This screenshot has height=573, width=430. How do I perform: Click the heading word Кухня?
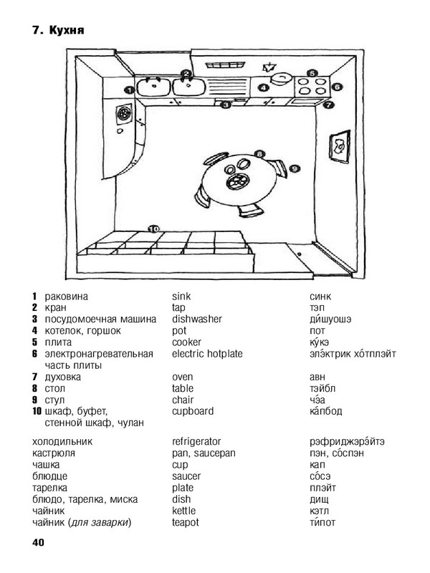[x=67, y=30]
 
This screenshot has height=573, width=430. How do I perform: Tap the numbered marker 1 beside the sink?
[x=129, y=90]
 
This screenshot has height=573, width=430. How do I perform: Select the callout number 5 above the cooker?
[x=312, y=73]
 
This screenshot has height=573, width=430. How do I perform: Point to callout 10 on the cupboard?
[x=154, y=229]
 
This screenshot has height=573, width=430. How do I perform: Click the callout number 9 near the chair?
[x=295, y=169]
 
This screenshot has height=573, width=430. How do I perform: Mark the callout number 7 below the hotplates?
[x=329, y=105]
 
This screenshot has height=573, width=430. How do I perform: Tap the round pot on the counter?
[x=281, y=79]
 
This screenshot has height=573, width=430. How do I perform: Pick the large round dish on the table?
[x=237, y=180]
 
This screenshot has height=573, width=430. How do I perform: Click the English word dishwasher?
[x=196, y=319]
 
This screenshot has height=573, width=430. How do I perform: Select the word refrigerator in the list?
[x=196, y=442]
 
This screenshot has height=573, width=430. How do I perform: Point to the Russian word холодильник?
[x=62, y=442]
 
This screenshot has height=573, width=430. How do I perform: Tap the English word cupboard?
[x=193, y=411]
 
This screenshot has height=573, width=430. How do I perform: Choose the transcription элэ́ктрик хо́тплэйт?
[x=353, y=354]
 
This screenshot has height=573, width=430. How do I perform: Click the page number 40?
[x=38, y=542]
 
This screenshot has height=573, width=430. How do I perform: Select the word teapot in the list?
[x=186, y=523]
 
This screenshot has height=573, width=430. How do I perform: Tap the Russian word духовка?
[x=62, y=377]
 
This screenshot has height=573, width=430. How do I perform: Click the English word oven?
[x=183, y=377]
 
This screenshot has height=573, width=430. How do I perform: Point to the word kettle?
[x=184, y=511]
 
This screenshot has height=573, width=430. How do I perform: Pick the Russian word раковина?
[x=66, y=297]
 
